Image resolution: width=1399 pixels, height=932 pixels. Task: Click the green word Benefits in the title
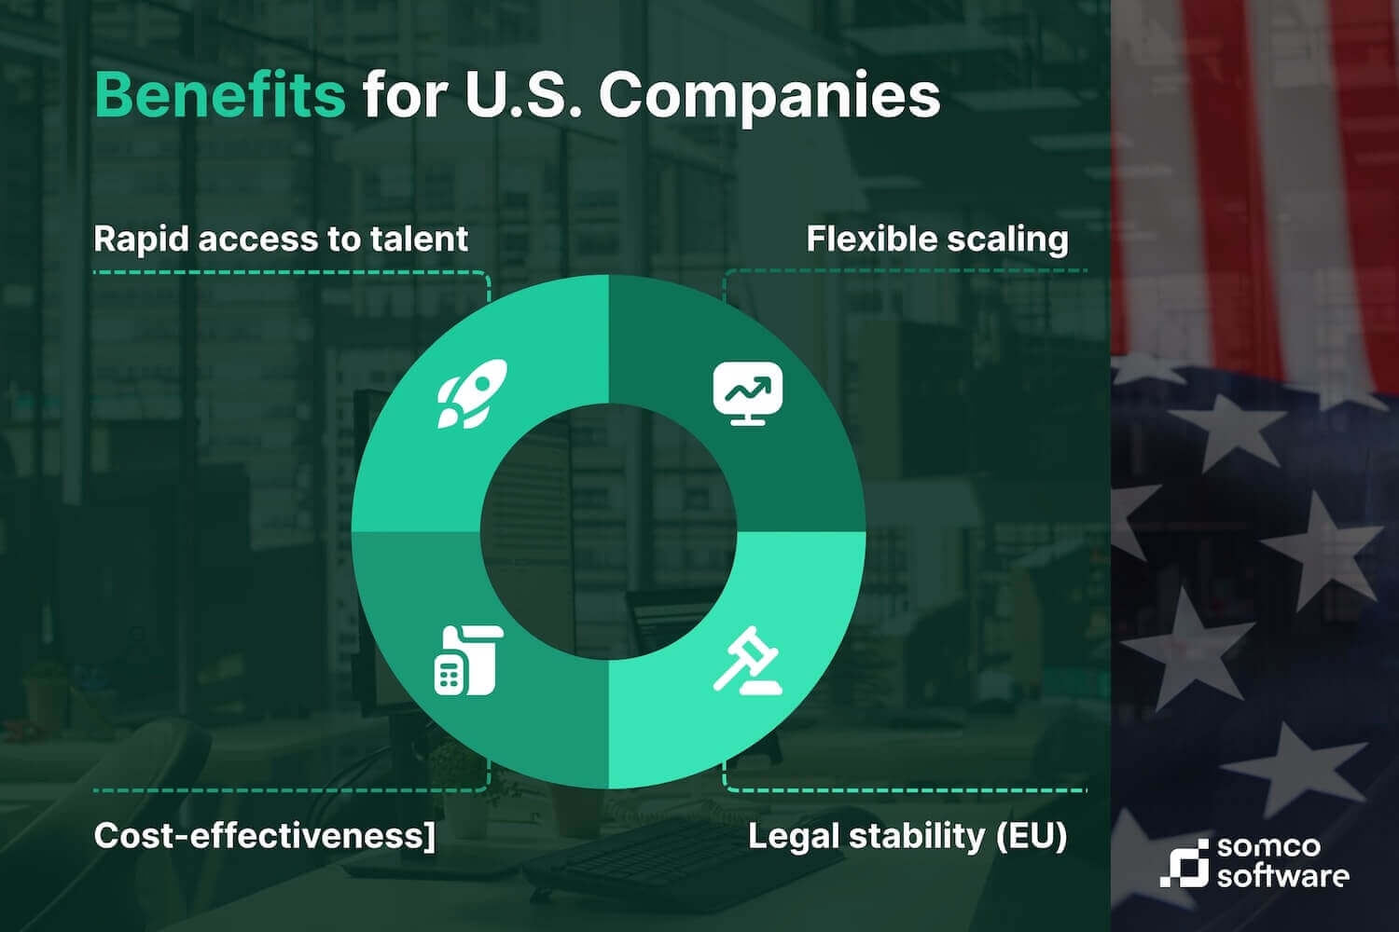coord(220,95)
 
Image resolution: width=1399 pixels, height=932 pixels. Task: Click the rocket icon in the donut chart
coord(472,393)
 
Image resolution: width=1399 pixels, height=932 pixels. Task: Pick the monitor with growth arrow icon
coord(748,393)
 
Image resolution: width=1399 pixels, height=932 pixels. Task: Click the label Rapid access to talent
coord(281,239)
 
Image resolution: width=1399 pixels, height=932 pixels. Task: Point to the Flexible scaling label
coord(936,240)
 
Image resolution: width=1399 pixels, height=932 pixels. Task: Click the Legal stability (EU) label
coord(907,837)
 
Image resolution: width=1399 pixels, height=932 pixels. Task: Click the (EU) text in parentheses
coord(1032,837)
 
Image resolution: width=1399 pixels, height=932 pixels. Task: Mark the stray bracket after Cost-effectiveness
coord(430,836)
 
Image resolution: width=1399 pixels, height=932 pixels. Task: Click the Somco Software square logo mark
coord(1184,863)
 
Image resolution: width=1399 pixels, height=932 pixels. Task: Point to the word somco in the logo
coord(1268,847)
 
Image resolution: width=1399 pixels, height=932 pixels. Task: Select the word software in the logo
coord(1282,875)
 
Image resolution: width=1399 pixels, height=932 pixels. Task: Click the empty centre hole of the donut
coord(608,531)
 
